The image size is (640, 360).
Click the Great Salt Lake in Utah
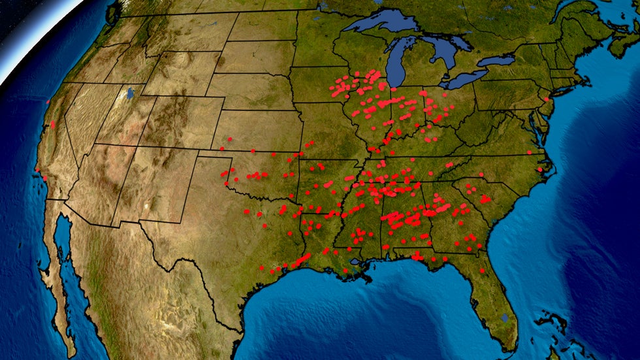click(x=130, y=93)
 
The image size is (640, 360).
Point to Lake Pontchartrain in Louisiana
click(x=355, y=261)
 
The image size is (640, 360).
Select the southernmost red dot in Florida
click(x=482, y=270)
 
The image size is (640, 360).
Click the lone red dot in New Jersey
click(x=545, y=99)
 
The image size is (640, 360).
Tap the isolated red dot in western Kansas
click(x=230, y=139)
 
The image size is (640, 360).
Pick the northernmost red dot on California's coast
click(x=48, y=102)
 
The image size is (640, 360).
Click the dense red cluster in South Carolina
click(x=485, y=199)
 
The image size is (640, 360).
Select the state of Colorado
click(x=174, y=125)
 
